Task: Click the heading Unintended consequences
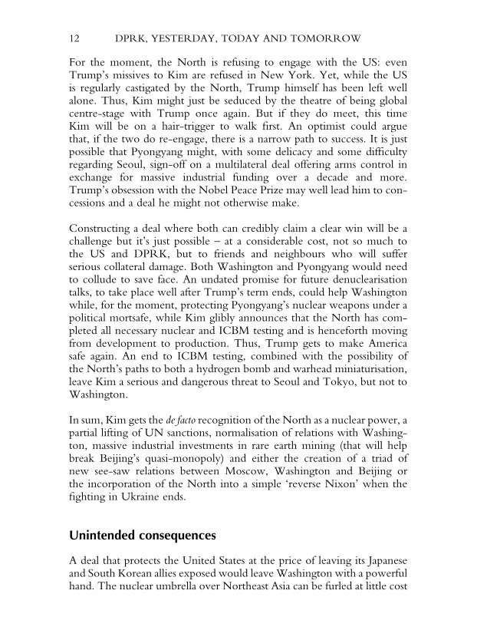(x=142, y=534)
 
